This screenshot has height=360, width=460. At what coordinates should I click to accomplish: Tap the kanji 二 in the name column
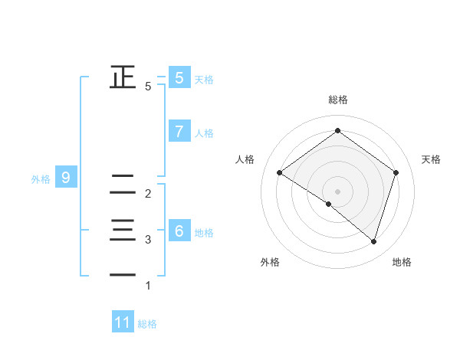tap(123, 184)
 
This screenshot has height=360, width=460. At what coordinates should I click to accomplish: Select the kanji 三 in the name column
tap(123, 229)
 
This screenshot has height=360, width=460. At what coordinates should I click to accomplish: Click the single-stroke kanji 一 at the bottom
tap(123, 274)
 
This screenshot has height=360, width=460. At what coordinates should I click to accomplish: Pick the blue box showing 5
tap(179, 77)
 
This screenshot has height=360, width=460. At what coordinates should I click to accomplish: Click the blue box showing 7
tap(179, 132)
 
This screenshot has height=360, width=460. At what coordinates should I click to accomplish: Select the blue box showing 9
tap(66, 178)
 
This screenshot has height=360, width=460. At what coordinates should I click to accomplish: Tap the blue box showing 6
tap(179, 231)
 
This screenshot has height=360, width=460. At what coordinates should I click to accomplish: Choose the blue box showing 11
tap(123, 322)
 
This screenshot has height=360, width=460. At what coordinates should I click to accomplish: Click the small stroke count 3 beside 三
tap(148, 240)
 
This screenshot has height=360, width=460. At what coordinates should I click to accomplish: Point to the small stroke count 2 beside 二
tap(148, 194)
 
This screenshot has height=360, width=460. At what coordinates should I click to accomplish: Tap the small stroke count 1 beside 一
tap(148, 286)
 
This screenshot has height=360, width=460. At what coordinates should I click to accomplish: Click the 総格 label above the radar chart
tap(338, 100)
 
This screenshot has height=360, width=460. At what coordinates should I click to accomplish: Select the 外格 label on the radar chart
tap(270, 262)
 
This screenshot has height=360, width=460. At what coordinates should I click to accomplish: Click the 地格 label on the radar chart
tap(402, 262)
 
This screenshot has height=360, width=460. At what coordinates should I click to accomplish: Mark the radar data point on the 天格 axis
tap(396, 173)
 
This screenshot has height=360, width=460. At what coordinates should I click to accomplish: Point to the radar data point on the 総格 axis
tap(337, 131)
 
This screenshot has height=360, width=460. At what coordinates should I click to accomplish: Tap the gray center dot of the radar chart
tap(337, 191)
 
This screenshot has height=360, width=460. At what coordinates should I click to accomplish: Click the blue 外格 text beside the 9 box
tap(41, 179)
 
